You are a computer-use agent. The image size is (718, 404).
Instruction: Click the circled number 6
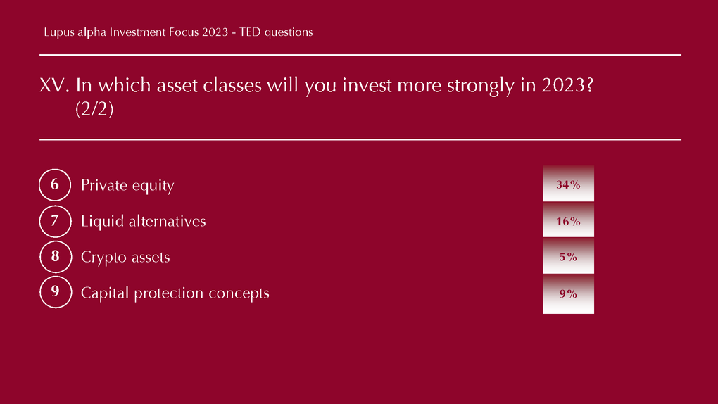(x=55, y=185)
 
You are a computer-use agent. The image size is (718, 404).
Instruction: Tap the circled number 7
(x=56, y=221)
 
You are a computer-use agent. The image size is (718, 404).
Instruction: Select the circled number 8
(x=56, y=256)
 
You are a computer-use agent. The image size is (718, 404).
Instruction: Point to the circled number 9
(x=56, y=292)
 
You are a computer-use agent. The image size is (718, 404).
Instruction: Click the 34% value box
(x=568, y=184)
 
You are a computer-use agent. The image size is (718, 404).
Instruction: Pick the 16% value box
(x=568, y=220)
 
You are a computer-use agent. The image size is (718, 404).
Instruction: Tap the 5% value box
(x=568, y=256)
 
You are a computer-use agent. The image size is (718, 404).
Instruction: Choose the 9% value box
(x=568, y=294)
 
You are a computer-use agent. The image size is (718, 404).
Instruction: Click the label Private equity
(x=127, y=186)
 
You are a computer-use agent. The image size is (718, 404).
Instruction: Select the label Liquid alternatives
(x=144, y=221)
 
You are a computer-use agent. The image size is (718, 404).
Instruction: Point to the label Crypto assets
(x=125, y=258)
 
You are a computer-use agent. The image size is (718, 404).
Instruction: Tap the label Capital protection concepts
(x=175, y=293)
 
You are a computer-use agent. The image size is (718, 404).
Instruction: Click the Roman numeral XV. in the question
(x=54, y=86)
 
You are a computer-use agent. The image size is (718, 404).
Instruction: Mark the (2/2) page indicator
(x=94, y=109)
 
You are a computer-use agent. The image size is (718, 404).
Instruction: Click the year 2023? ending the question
(x=567, y=85)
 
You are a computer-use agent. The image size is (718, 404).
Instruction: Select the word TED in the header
(x=250, y=32)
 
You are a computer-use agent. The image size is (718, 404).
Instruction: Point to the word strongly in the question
(x=481, y=86)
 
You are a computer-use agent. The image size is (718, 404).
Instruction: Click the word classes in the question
(x=232, y=85)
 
